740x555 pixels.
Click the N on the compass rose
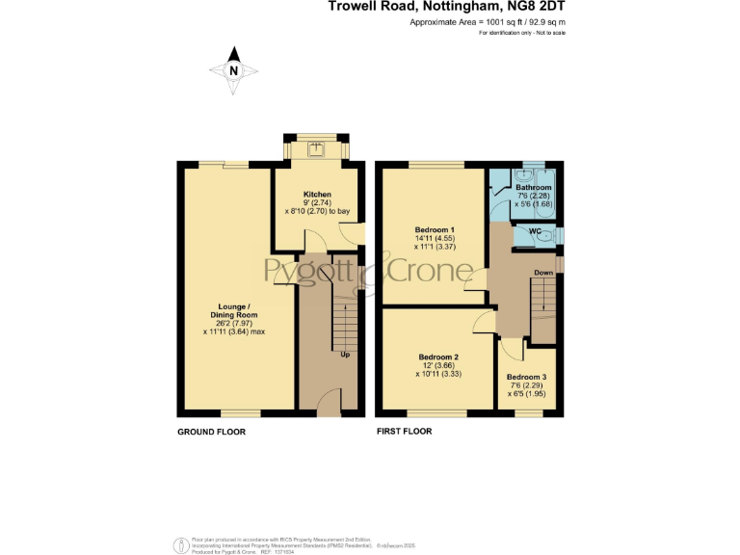pyautogui.click(x=232, y=70)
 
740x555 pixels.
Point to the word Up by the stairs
pyautogui.click(x=345, y=354)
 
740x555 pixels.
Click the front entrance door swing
pyautogui.click(x=329, y=399)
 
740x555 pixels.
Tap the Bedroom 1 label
pyautogui.click(x=435, y=229)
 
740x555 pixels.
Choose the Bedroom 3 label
pyautogui.click(x=526, y=377)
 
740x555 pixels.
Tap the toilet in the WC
pyautogui.click(x=545, y=234)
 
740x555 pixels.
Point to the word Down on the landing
pyautogui.click(x=543, y=273)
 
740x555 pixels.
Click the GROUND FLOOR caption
pyautogui.click(x=211, y=432)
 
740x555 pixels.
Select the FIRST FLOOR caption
pyautogui.click(x=404, y=432)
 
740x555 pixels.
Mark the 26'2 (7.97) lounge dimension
pyautogui.click(x=234, y=323)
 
